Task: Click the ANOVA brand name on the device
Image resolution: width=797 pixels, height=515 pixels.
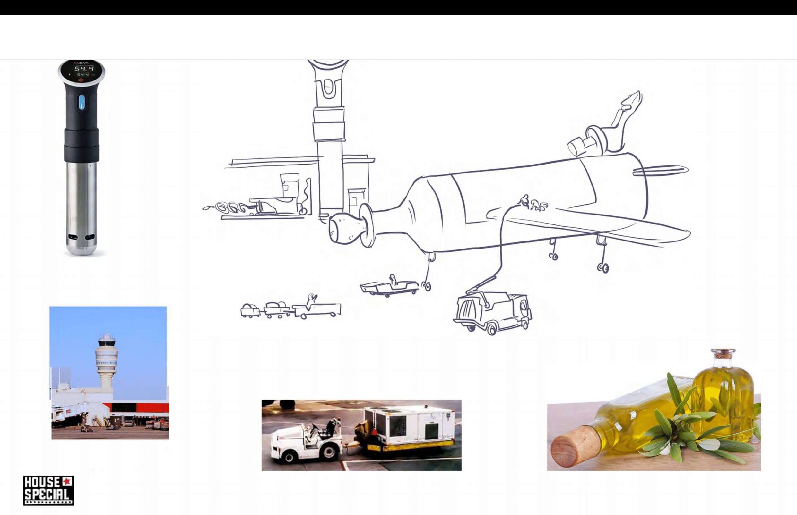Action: pos(81,63)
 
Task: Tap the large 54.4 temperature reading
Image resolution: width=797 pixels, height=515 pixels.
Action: pos(84,69)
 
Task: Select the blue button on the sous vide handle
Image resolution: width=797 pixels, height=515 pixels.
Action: pos(82,102)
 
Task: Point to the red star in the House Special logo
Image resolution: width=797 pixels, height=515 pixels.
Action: pos(67,482)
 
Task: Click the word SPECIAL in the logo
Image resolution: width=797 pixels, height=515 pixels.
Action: pos(47,494)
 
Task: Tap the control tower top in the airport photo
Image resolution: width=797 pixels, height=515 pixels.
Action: pos(107,341)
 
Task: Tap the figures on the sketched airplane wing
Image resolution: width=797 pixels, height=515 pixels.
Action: pos(534,203)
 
